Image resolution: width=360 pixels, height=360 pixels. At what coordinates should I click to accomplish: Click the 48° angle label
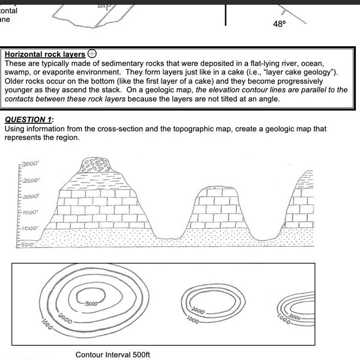(279, 24)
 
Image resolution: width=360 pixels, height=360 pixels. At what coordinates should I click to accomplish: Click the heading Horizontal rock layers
(45, 54)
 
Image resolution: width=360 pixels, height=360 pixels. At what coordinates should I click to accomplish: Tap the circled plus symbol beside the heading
(92, 53)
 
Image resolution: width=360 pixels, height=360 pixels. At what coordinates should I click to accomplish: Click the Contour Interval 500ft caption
(113, 354)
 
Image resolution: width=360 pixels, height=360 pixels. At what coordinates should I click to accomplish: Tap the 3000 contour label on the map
(91, 303)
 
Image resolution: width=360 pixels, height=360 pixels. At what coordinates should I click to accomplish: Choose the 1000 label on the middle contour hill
(193, 319)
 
